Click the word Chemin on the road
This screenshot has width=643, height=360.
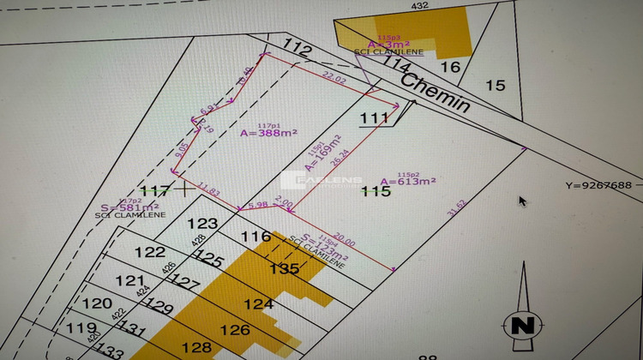[x=436, y=92]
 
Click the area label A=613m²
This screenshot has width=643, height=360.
[x=408, y=182]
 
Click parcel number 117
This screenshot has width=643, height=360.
[x=154, y=190]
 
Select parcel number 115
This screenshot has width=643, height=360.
[x=376, y=191]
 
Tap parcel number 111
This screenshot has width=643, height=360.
[x=374, y=117]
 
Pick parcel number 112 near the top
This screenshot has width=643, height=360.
[x=296, y=52]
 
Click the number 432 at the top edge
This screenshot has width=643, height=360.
[x=419, y=6]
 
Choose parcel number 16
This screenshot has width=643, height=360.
[x=450, y=67]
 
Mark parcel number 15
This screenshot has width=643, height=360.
[x=496, y=84]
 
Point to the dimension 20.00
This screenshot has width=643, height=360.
[x=344, y=241]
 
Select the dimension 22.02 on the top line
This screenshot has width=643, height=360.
[x=333, y=78]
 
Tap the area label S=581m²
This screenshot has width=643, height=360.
[x=128, y=207]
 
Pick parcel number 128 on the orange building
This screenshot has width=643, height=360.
[x=196, y=347]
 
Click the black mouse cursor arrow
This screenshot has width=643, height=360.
[x=523, y=201]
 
